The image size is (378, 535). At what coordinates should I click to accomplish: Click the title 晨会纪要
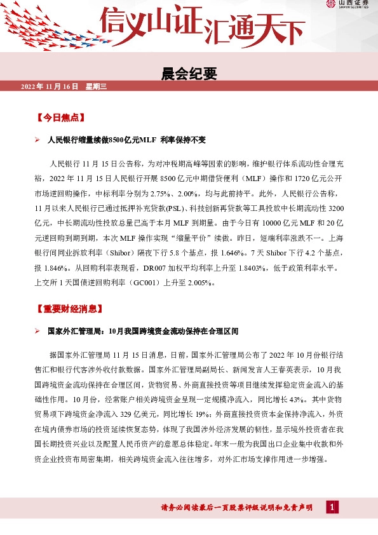189,74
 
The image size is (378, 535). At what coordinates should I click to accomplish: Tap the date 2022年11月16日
49,86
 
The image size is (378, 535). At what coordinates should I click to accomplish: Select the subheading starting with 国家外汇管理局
143,331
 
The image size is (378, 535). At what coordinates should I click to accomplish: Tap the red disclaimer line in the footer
237,507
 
